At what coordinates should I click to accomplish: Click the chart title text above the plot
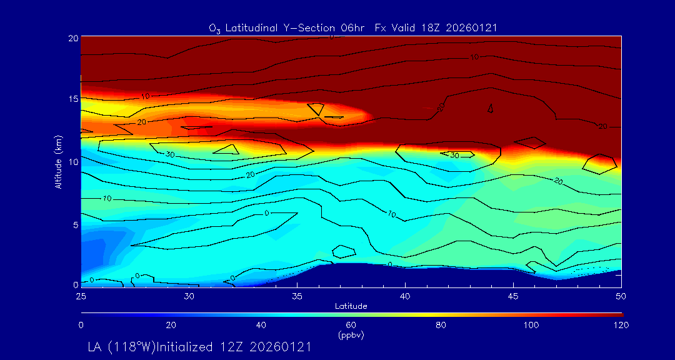point(353,27)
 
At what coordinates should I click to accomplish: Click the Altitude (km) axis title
point(58,161)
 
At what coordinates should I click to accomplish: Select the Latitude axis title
point(351,306)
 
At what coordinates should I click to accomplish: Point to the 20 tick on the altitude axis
point(72,38)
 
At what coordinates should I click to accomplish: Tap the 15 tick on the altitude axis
point(72,99)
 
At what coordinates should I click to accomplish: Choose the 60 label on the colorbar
point(351,325)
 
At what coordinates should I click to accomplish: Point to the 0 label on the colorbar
point(81,325)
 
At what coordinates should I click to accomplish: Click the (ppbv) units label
point(351,335)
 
